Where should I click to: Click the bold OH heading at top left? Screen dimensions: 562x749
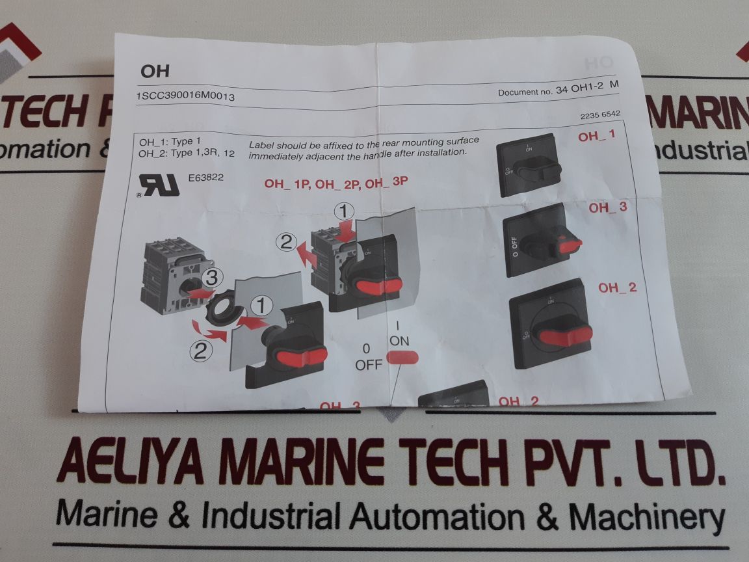[x=155, y=71]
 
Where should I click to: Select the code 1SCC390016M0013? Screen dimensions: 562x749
[x=185, y=96]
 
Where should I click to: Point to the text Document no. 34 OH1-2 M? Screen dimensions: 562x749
[x=558, y=92]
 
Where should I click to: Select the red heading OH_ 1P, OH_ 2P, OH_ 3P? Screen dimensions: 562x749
[x=335, y=183]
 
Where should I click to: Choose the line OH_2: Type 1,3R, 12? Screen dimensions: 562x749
[x=187, y=154]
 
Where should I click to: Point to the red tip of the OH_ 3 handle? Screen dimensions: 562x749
[x=570, y=245]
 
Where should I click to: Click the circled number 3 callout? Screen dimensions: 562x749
[x=209, y=276]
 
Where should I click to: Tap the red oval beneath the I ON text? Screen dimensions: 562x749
[x=403, y=356]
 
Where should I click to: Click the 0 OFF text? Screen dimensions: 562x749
[x=369, y=356]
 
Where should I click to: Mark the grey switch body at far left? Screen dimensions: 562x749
[x=170, y=276]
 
